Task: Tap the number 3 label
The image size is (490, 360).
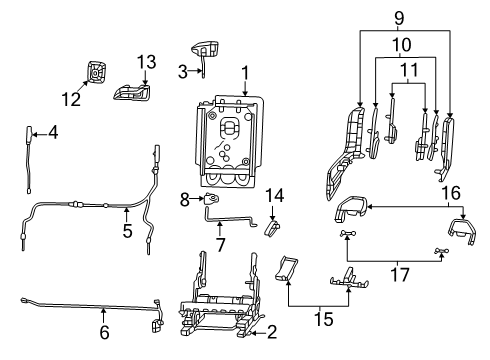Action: pyautogui.click(x=183, y=71)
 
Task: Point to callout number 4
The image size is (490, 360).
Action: pyautogui.click(x=52, y=132)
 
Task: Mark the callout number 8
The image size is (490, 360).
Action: pyautogui.click(x=184, y=200)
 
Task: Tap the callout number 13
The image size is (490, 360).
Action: pyautogui.click(x=146, y=63)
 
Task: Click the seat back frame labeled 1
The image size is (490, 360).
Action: pyautogui.click(x=230, y=140)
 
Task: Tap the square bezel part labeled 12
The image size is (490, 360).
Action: pyautogui.click(x=98, y=71)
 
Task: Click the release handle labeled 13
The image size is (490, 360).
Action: pyautogui.click(x=136, y=94)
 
